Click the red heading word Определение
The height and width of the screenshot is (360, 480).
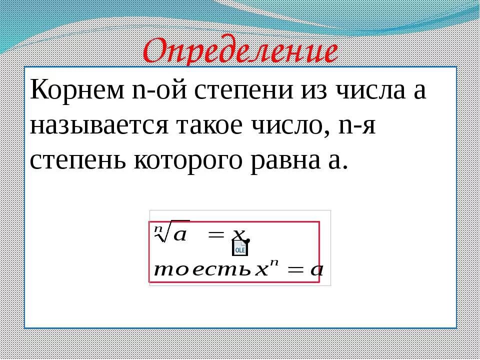pyautogui.click(x=240, y=51)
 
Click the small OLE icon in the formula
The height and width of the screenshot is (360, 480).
pyautogui.click(x=239, y=247)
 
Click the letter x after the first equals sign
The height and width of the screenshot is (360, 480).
pyautogui.click(x=239, y=234)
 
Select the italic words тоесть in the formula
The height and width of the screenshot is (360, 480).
pyautogui.click(x=202, y=270)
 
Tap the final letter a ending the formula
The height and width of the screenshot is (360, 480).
pyautogui.click(x=316, y=270)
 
